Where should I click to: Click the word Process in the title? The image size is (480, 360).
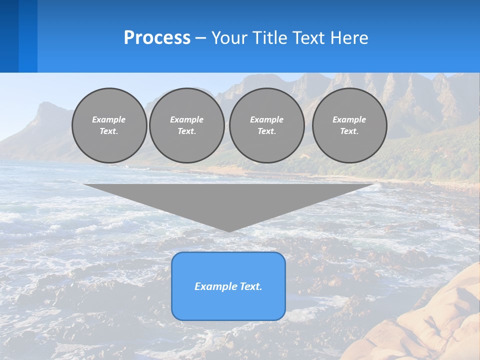click(157, 38)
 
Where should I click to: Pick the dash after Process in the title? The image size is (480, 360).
click(200, 39)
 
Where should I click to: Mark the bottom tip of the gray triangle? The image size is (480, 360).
click(228, 230)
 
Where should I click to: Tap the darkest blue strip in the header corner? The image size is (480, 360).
click(9, 36)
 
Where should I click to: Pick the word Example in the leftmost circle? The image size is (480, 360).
click(109, 119)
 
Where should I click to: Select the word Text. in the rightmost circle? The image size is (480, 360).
click(349, 131)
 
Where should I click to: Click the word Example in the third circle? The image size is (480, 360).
click(266, 119)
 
